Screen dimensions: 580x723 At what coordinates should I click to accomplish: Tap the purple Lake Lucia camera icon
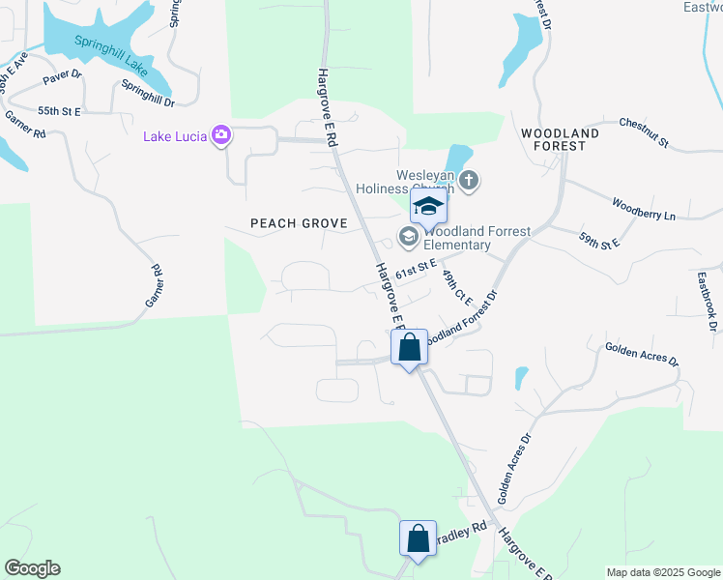click(221, 135)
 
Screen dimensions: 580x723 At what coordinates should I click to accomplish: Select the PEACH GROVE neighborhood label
click(299, 223)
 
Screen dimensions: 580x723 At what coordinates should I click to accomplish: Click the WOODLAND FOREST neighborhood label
click(560, 139)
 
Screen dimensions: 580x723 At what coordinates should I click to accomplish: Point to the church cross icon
click(469, 180)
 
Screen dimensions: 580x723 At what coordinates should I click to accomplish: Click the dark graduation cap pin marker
click(427, 205)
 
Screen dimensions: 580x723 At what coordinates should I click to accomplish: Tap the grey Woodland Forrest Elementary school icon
click(408, 236)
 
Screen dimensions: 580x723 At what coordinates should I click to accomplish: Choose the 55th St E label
click(58, 112)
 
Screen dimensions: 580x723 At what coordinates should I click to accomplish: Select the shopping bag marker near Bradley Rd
click(418, 537)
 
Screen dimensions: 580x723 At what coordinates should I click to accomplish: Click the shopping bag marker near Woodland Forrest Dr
click(409, 347)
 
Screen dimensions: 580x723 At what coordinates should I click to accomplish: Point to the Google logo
click(32, 568)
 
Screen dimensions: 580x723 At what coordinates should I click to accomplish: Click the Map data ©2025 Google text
click(662, 572)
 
